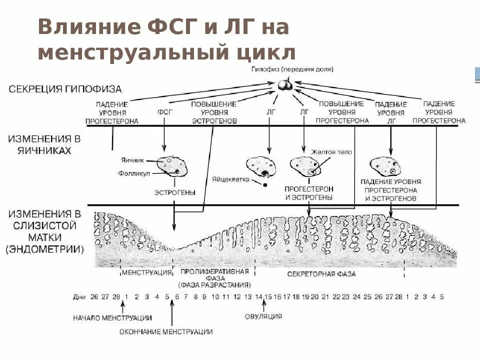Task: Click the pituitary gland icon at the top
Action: (x=285, y=85)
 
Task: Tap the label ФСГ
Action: (x=164, y=112)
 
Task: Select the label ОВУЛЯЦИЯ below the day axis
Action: (x=263, y=316)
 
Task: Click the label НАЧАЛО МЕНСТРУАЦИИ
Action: (x=112, y=317)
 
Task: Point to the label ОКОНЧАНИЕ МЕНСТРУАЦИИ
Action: (x=166, y=331)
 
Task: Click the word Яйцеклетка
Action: (x=230, y=178)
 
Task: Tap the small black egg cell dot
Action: (x=265, y=184)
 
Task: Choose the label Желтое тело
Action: (x=331, y=152)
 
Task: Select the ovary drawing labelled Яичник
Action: (x=170, y=165)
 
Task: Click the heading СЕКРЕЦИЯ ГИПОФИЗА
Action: (x=65, y=89)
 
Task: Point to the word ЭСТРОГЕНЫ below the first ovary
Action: (x=174, y=192)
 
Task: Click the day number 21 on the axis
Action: (x=325, y=296)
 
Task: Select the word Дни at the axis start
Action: (x=79, y=296)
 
